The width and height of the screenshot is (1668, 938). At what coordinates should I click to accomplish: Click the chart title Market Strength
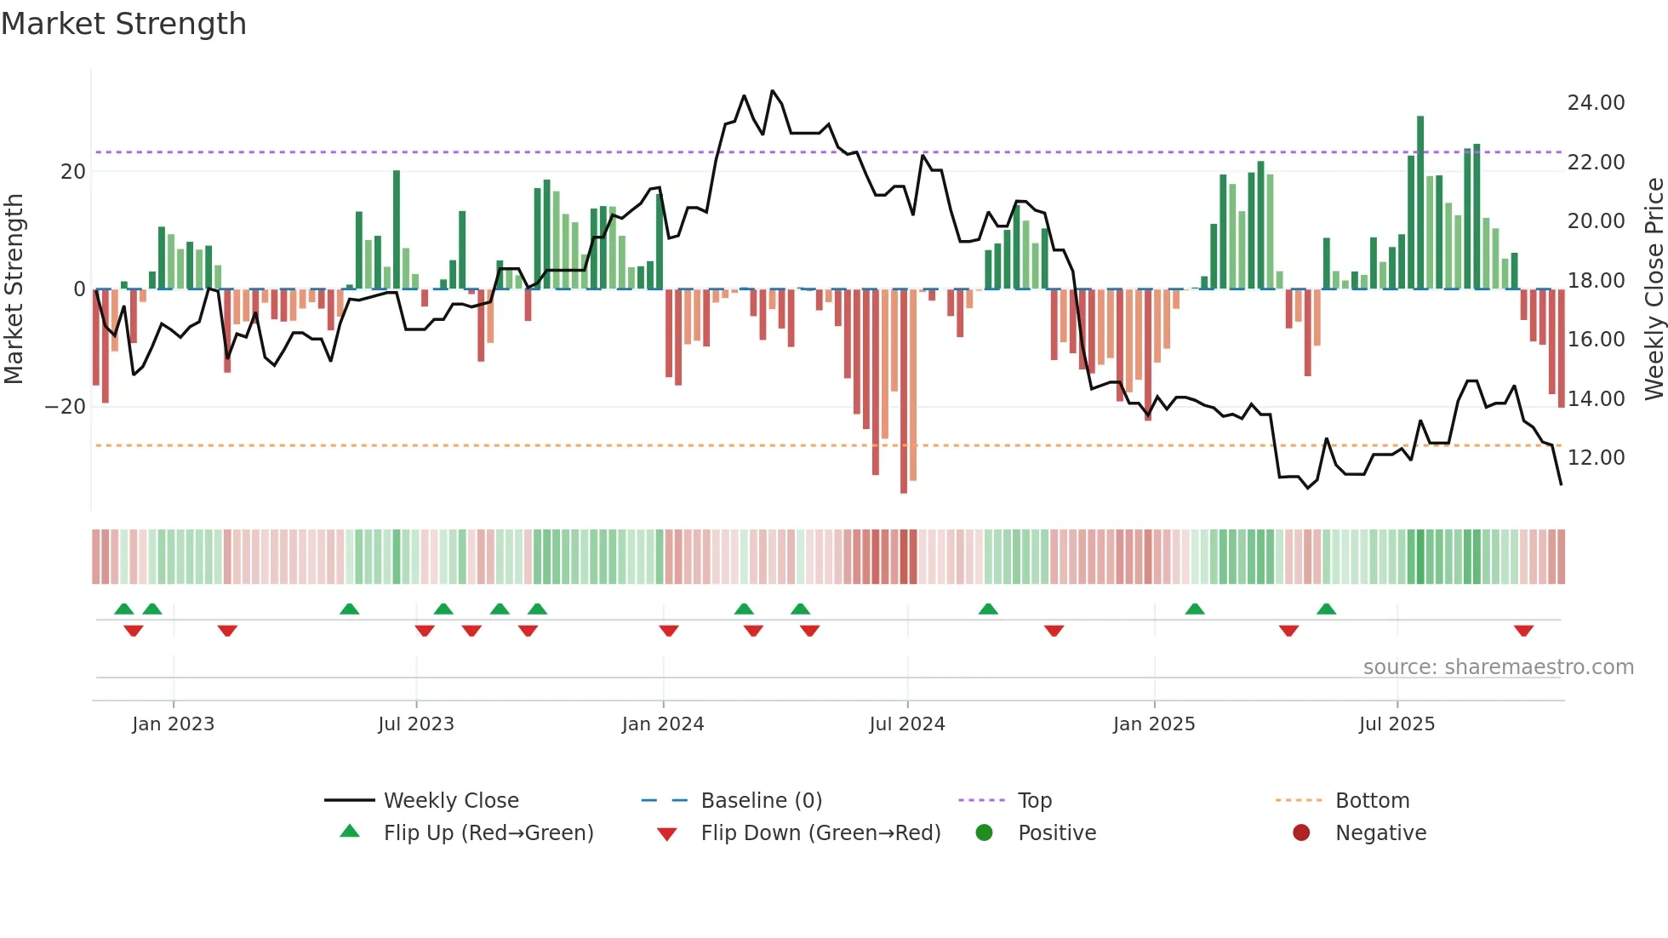123,24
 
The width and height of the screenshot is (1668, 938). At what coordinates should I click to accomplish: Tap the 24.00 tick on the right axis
1596,103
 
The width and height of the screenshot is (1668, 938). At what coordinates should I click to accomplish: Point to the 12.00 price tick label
1596,458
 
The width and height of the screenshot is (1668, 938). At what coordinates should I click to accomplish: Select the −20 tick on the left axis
65,407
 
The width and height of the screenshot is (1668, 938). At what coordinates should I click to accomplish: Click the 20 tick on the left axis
73,172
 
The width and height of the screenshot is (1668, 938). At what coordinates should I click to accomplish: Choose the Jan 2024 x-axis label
663,724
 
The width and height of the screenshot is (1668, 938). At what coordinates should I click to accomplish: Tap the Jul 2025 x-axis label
1397,724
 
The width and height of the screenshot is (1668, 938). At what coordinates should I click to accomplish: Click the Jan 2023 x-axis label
174,724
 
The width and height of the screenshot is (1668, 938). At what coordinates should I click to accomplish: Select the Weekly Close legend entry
451,801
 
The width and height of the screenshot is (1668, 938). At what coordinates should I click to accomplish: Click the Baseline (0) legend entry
761,801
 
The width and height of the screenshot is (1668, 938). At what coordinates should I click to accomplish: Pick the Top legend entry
1034,801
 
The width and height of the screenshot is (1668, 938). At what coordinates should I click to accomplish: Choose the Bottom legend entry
1372,801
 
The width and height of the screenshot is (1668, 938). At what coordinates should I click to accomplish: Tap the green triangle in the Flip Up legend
350,832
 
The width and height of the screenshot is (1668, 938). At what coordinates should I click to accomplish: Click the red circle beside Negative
1301,832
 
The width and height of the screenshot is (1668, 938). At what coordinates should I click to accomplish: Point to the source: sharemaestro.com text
1498,667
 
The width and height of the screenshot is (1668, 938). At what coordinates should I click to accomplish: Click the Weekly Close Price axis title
1654,289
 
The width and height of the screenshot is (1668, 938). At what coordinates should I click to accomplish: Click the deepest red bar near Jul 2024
904,392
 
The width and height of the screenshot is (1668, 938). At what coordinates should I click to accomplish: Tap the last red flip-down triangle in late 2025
1523,631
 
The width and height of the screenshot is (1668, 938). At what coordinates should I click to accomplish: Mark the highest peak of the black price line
773,91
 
